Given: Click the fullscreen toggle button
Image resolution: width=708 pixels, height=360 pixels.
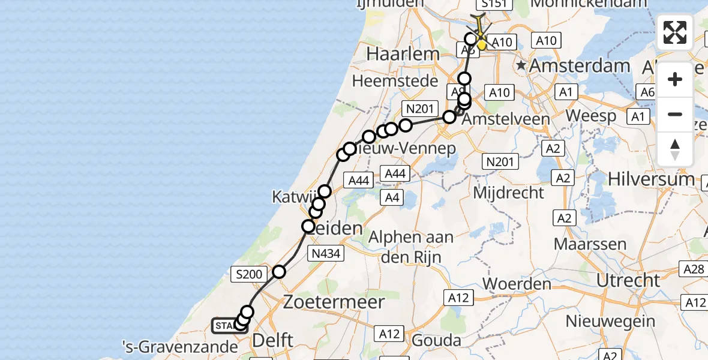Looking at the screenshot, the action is (x=675, y=32).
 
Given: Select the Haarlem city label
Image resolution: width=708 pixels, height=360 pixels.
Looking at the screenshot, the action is (x=403, y=53).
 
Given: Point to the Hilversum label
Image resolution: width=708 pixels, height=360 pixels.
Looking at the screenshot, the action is (x=651, y=179).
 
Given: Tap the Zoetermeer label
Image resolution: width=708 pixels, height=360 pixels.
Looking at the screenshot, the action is (x=334, y=301).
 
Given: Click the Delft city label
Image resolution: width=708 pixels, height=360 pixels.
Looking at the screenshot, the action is (x=273, y=340).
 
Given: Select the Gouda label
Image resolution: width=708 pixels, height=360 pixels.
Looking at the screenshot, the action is (x=436, y=341).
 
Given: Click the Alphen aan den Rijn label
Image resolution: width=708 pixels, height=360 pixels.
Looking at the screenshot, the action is (x=411, y=247).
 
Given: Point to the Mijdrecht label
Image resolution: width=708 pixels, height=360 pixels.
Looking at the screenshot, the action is (x=509, y=193).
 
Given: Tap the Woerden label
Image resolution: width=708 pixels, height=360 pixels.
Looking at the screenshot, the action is (x=517, y=283).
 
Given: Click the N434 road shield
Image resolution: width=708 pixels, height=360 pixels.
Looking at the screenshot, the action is (x=326, y=254).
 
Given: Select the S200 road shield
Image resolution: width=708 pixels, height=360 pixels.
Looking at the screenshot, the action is (x=249, y=275).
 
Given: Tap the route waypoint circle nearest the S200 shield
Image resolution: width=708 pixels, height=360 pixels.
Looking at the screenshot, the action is (x=279, y=272).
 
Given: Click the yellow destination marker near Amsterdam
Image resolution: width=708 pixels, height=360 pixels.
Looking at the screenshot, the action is (x=481, y=45).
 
